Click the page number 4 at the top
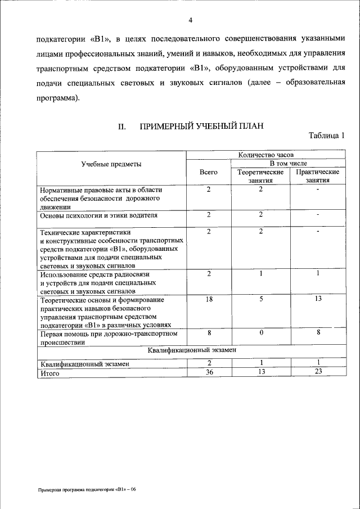(191, 21)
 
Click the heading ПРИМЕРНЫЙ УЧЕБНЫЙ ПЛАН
(201, 127)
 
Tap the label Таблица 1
(326, 136)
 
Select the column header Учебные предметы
(111, 164)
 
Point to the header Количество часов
(265, 153)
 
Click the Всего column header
(208, 172)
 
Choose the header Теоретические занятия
(260, 176)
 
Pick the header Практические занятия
(318, 176)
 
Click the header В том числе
(289, 163)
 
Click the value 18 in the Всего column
(208, 300)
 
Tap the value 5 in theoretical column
(261, 300)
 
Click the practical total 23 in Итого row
(318, 372)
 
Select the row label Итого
(50, 372)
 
